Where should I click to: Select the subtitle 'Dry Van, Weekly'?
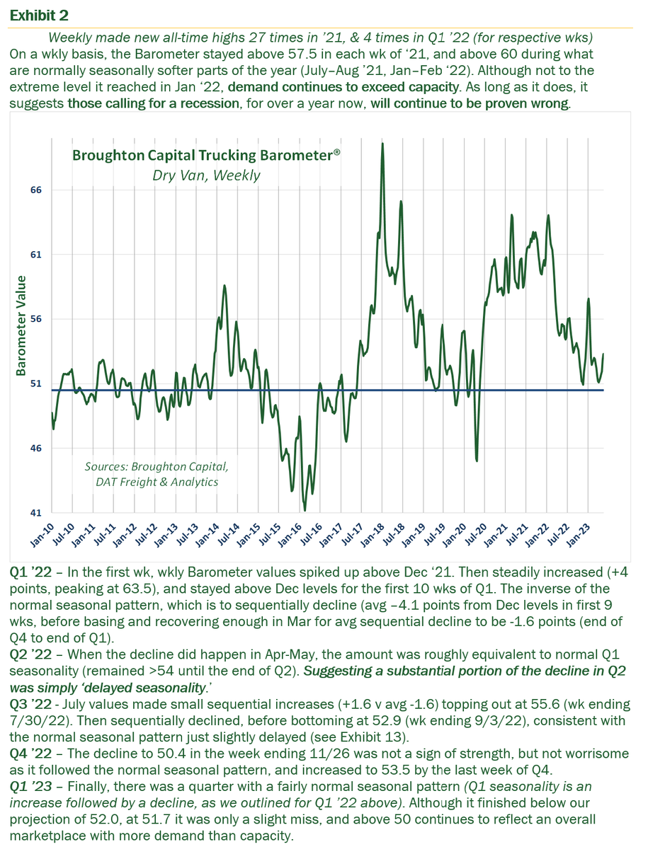tap(206, 175)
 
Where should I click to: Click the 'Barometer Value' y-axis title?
tap(21, 325)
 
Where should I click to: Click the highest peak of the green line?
tap(382, 144)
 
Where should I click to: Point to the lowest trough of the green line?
tap(305, 510)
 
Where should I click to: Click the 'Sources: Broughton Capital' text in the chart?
tap(157, 467)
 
